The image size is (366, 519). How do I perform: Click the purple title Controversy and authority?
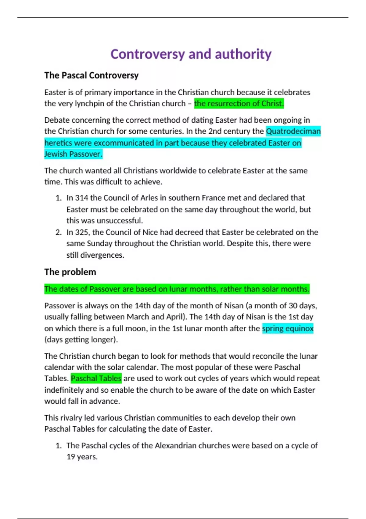(191, 54)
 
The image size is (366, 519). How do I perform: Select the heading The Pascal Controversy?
(91, 75)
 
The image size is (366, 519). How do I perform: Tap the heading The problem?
(70, 272)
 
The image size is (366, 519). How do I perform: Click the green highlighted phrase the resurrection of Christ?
(239, 103)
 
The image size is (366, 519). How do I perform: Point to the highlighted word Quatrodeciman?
(293, 131)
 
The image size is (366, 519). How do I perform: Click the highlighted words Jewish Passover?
(73, 154)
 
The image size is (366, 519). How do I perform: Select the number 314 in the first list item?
(82, 198)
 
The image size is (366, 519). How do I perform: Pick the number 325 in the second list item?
(82, 232)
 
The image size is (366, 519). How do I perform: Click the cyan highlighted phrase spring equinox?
(288, 328)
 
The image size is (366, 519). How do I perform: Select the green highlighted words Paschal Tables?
(96, 379)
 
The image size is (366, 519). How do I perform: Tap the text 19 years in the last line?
(82, 457)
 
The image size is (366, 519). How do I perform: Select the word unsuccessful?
(122, 220)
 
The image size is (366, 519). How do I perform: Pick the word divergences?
(102, 255)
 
